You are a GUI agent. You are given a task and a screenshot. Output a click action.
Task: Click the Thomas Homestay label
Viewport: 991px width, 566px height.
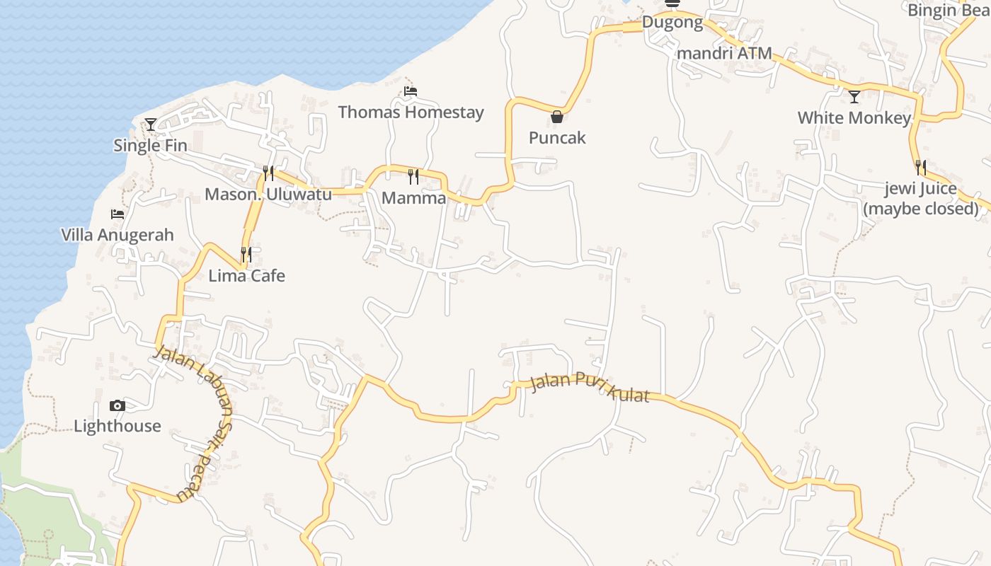pos(411,112)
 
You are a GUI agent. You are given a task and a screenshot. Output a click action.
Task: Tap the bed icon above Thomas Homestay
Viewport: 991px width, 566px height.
pos(411,91)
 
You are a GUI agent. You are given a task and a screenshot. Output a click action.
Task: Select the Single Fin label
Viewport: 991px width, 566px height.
pos(150,146)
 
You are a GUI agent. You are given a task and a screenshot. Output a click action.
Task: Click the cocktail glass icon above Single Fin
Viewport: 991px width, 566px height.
pos(150,125)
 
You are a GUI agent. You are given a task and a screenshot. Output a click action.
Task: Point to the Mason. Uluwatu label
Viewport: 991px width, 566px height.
pos(268,194)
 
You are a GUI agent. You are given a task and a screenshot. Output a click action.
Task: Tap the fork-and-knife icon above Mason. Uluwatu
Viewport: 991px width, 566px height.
pos(268,173)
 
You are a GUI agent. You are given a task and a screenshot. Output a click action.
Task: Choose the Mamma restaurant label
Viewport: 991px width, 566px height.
pos(413,198)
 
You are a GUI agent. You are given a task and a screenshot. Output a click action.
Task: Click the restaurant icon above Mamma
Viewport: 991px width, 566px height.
pos(413,177)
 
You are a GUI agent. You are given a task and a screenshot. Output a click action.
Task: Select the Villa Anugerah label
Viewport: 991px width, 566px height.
pos(118,235)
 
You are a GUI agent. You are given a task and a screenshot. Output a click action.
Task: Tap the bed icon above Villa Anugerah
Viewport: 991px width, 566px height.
pos(118,214)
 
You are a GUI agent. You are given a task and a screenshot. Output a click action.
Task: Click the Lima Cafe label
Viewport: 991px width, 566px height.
pos(246,275)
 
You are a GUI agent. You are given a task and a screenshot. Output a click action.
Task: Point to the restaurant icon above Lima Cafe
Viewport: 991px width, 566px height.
pos(246,255)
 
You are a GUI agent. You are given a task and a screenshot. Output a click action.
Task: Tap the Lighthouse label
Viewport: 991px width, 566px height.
pos(118,426)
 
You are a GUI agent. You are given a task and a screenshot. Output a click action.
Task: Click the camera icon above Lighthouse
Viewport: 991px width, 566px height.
pos(118,405)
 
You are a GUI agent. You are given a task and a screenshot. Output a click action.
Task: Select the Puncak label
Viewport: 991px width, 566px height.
pos(557,137)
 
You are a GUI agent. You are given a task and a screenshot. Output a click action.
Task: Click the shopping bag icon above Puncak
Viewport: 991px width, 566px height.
pos(557,117)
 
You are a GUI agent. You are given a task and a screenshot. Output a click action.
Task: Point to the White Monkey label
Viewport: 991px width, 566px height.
pos(854,118)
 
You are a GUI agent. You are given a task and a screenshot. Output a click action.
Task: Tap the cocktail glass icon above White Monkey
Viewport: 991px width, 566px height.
pos(854,97)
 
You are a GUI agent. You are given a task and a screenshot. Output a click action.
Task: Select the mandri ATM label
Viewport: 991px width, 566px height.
pos(724,54)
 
